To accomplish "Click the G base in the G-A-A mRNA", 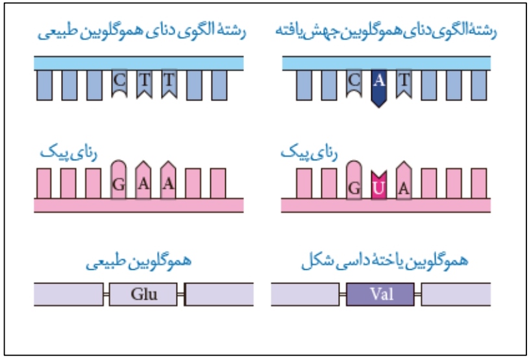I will [119, 182].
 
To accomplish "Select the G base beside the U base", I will [354, 182].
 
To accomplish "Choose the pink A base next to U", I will [404, 182].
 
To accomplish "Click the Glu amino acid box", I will [144, 294].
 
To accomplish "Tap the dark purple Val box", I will [381, 294].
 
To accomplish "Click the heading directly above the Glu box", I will [138, 262].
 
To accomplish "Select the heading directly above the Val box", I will [385, 262].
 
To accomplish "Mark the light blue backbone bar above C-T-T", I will [139, 63].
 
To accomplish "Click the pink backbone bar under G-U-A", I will [386, 205].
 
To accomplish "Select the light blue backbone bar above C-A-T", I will [387, 63].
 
